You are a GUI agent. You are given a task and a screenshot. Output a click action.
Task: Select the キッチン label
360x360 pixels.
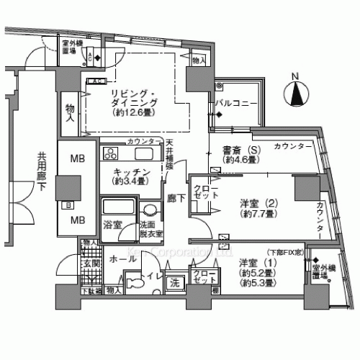131,172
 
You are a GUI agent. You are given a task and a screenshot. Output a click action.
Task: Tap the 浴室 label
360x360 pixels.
112,225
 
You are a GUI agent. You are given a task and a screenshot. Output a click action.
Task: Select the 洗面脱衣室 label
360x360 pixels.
151,229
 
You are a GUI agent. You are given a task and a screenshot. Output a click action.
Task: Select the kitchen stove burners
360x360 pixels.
112,153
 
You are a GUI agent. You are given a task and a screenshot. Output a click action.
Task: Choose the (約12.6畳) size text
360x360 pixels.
132,112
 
